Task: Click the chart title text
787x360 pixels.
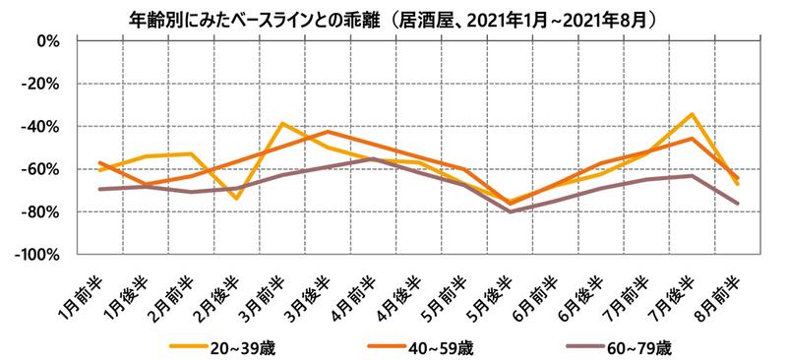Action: click(x=393, y=18)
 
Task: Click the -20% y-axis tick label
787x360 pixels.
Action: click(x=43, y=85)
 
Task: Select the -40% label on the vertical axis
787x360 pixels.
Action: click(x=43, y=127)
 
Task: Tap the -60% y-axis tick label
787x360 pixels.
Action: click(x=43, y=169)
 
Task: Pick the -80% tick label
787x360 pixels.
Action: click(x=43, y=211)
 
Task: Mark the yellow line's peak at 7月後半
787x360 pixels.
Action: click(x=693, y=114)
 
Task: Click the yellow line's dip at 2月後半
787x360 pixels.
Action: click(x=237, y=199)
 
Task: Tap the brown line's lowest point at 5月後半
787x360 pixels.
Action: click(x=511, y=211)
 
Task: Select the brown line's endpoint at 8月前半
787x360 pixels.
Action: click(x=738, y=204)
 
